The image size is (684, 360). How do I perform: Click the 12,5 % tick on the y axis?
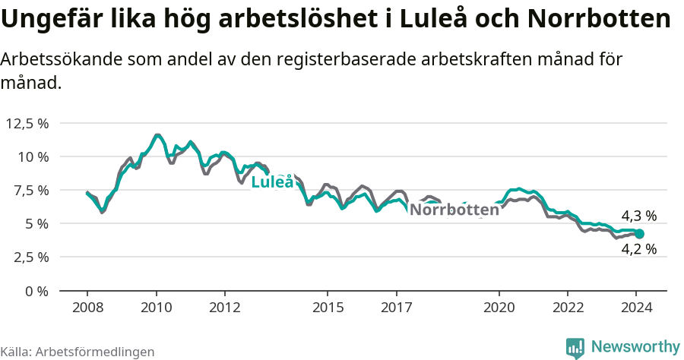coord(27,123)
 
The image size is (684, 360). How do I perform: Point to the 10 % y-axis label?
coord(33,156)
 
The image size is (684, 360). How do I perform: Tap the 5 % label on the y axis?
coord(36,223)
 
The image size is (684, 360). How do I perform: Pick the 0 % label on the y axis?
coord(36,290)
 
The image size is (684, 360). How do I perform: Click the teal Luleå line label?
coord(271,182)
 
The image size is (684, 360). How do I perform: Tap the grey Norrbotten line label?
coord(454,210)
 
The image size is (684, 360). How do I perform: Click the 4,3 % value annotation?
coord(638,216)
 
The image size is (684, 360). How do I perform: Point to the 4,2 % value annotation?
coord(638,248)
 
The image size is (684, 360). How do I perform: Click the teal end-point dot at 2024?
coord(639,234)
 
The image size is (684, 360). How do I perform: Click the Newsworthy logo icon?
coord(575,347)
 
